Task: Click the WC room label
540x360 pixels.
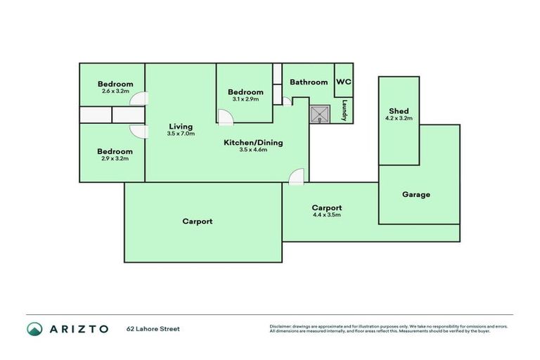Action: click(x=343, y=82)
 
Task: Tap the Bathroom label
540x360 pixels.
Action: click(x=309, y=82)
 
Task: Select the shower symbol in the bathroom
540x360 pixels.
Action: click(x=321, y=114)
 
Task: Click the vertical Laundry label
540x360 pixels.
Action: click(x=345, y=110)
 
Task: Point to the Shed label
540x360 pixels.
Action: click(x=399, y=112)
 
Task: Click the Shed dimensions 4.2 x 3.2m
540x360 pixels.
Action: click(x=399, y=119)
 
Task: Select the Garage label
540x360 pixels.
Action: click(x=416, y=194)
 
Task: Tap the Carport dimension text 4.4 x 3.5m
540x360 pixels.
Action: click(x=327, y=215)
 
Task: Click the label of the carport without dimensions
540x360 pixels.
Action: click(x=197, y=221)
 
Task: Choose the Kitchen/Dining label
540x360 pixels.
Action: click(x=253, y=143)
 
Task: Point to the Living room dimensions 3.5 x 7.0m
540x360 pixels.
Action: click(x=181, y=134)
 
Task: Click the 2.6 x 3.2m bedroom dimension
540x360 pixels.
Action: click(x=115, y=91)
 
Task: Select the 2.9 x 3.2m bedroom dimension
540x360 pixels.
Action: click(x=115, y=158)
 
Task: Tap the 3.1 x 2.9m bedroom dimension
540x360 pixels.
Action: click(x=245, y=99)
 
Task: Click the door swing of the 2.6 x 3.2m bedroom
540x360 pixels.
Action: click(x=140, y=100)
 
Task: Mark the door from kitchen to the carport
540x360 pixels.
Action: click(x=296, y=176)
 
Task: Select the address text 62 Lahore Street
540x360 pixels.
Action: click(x=153, y=328)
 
